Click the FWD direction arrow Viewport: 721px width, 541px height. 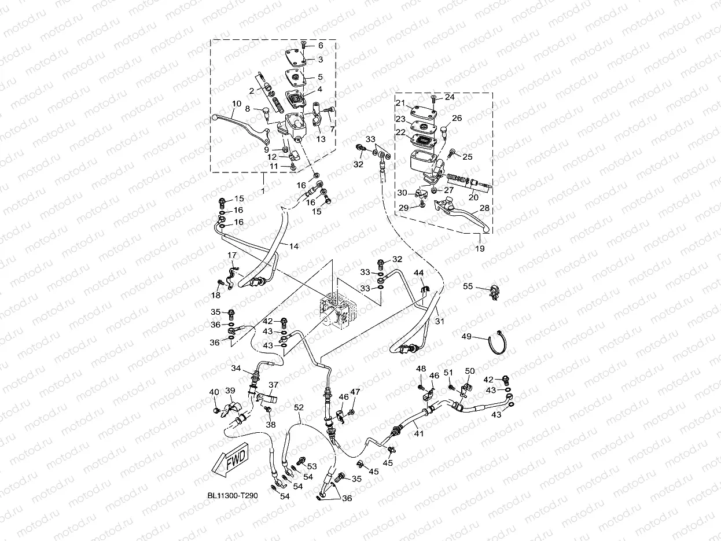(230, 460)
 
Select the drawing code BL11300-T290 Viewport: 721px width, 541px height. (232, 496)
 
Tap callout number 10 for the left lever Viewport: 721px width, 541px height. (236, 104)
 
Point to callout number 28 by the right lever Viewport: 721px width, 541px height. (484, 208)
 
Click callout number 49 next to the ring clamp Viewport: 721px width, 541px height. (466, 336)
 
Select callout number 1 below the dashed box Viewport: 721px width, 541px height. (263, 190)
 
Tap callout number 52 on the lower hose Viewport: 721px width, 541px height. (298, 407)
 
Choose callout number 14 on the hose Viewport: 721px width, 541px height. (294, 246)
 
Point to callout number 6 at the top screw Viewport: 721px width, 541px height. (320, 45)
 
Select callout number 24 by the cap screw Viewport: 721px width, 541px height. (449, 97)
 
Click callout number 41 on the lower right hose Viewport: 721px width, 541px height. (418, 433)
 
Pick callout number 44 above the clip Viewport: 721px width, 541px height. (418, 272)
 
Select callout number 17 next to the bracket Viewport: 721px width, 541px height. (231, 255)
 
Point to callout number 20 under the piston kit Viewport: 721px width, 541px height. (473, 197)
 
